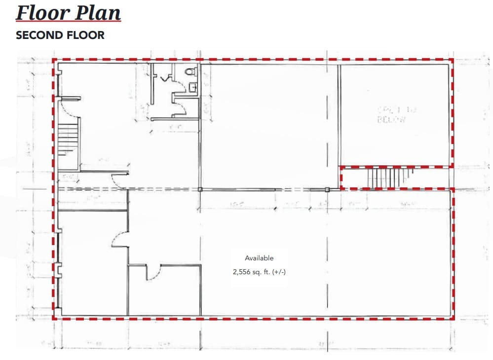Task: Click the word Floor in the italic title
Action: tap(41, 12)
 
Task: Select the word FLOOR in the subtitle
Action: tap(83, 36)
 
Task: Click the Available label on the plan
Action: tap(259, 258)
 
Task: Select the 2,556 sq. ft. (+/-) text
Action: tap(259, 271)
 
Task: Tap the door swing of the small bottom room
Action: tap(153, 272)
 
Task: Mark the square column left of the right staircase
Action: tap(327, 189)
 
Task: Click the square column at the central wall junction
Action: tap(200, 189)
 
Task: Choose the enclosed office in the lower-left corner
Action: tap(93, 263)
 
